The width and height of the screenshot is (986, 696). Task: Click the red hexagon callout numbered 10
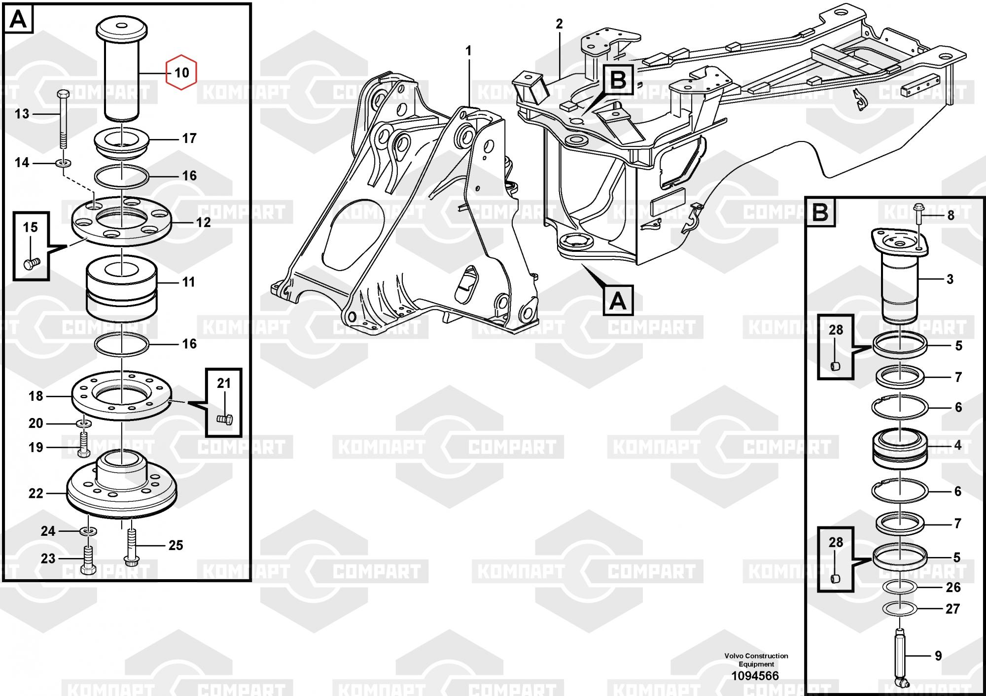[181, 72]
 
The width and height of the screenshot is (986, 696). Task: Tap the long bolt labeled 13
[63, 119]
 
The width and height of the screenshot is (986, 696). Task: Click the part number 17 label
[189, 139]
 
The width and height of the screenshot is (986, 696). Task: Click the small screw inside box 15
[32, 263]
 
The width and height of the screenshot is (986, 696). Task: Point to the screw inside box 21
[225, 419]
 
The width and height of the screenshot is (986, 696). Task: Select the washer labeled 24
[88, 531]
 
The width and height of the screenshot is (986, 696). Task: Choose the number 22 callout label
[36, 493]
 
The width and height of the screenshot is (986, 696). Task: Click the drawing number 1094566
[755, 676]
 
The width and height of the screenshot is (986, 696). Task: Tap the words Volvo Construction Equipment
[756, 660]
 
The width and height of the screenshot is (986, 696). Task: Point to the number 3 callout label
[950, 279]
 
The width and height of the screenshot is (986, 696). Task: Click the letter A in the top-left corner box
[19, 20]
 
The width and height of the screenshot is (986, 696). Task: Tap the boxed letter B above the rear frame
[618, 80]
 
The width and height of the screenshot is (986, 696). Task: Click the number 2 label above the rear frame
[559, 24]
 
